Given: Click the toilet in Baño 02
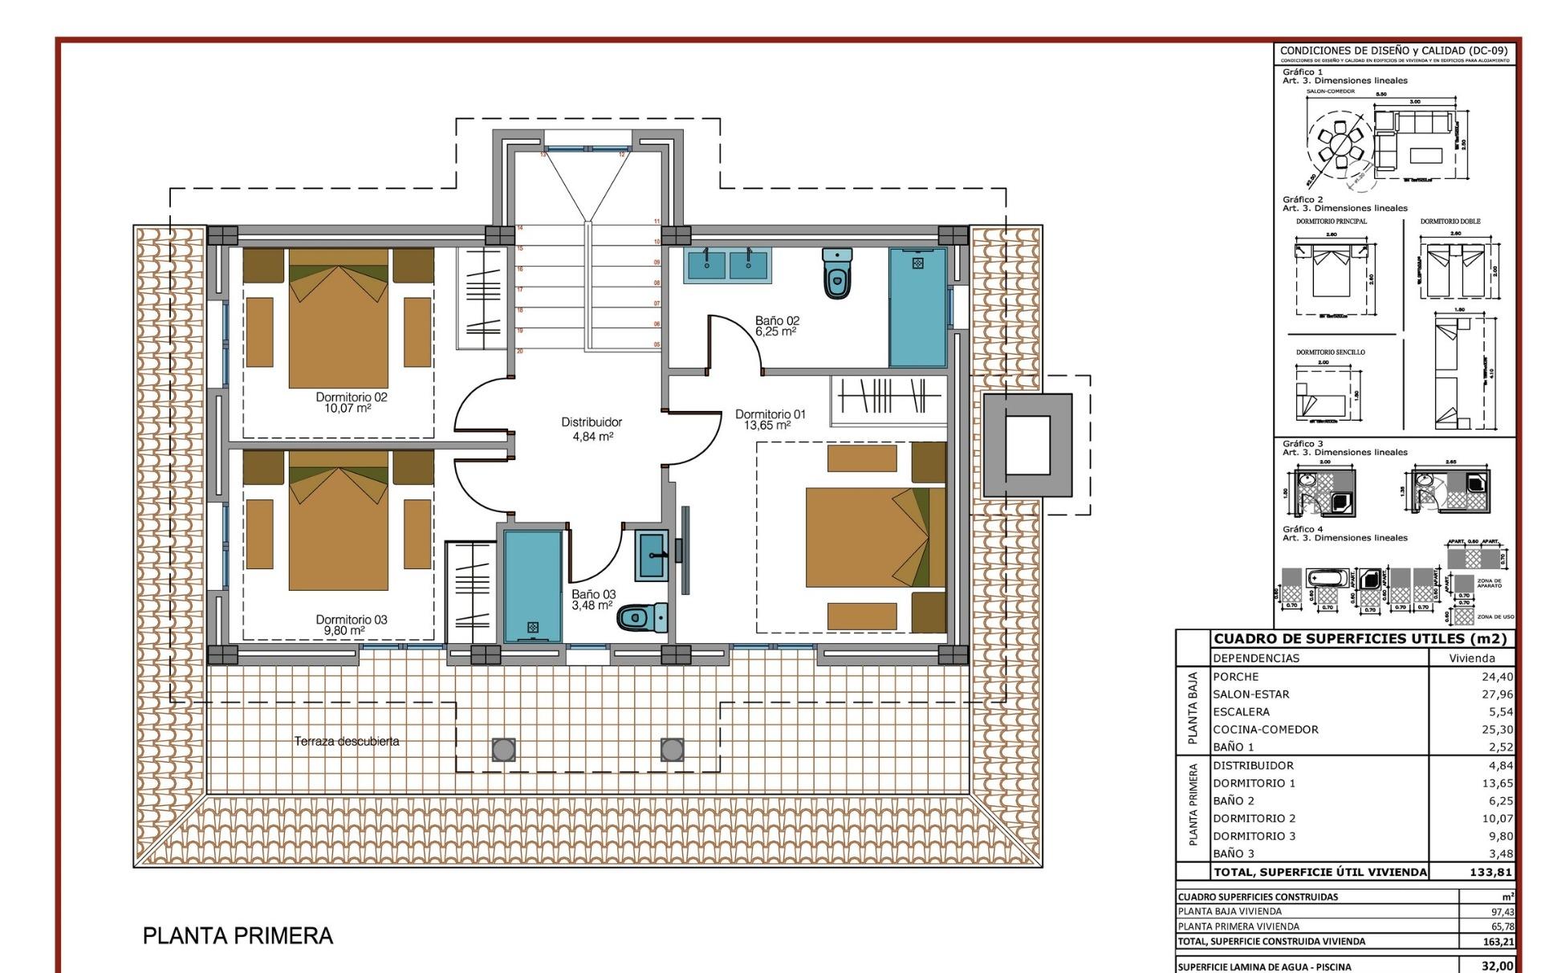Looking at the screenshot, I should point(836,272).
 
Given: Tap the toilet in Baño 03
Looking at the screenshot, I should point(642,617).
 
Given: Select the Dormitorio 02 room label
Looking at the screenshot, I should point(351,397).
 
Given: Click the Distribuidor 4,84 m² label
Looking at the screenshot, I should point(591,429).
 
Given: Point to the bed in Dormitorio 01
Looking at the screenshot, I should point(867,536).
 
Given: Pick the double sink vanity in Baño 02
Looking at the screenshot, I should point(728,265).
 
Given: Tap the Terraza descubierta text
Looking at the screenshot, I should point(347,741).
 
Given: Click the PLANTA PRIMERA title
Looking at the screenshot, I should point(238,936).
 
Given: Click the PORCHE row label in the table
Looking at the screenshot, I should point(1236,677).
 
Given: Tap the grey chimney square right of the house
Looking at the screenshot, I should point(1027,445).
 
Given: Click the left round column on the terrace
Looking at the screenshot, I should point(503,750).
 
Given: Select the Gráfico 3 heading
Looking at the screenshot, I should point(1303,443).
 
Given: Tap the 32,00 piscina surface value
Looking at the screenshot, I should point(1497,966).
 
